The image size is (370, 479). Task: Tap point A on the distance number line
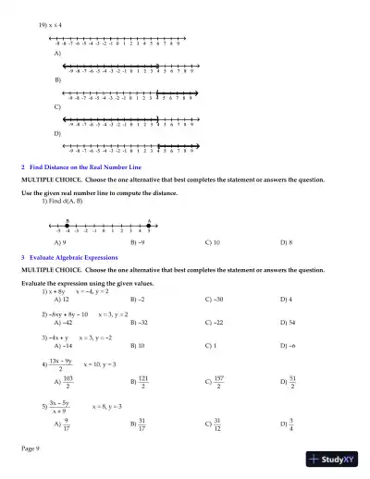(149, 225)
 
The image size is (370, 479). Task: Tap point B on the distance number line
(68, 225)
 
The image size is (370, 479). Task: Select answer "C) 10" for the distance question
(212, 241)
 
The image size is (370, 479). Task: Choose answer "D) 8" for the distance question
(286, 241)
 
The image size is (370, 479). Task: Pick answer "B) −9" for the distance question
(138, 241)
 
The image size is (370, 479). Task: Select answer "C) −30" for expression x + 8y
(215, 300)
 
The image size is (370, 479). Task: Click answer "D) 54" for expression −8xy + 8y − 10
(288, 322)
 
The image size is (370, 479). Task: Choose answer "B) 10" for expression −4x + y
(138, 345)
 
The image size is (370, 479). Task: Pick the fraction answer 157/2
(216, 380)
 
